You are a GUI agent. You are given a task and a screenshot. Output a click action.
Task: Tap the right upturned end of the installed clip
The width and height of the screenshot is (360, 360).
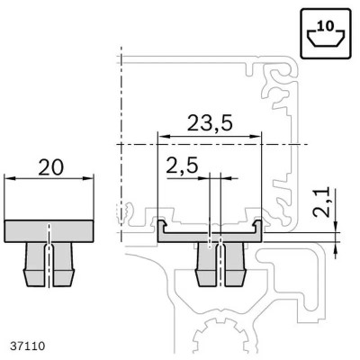coord(260,226)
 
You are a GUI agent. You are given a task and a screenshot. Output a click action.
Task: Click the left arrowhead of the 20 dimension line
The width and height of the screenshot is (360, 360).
coord(10,180)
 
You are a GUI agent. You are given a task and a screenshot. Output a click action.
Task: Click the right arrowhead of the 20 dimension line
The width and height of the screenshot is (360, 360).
coord(91,180)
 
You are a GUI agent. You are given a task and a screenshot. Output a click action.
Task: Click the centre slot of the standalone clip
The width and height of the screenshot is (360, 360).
coord(50,256)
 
